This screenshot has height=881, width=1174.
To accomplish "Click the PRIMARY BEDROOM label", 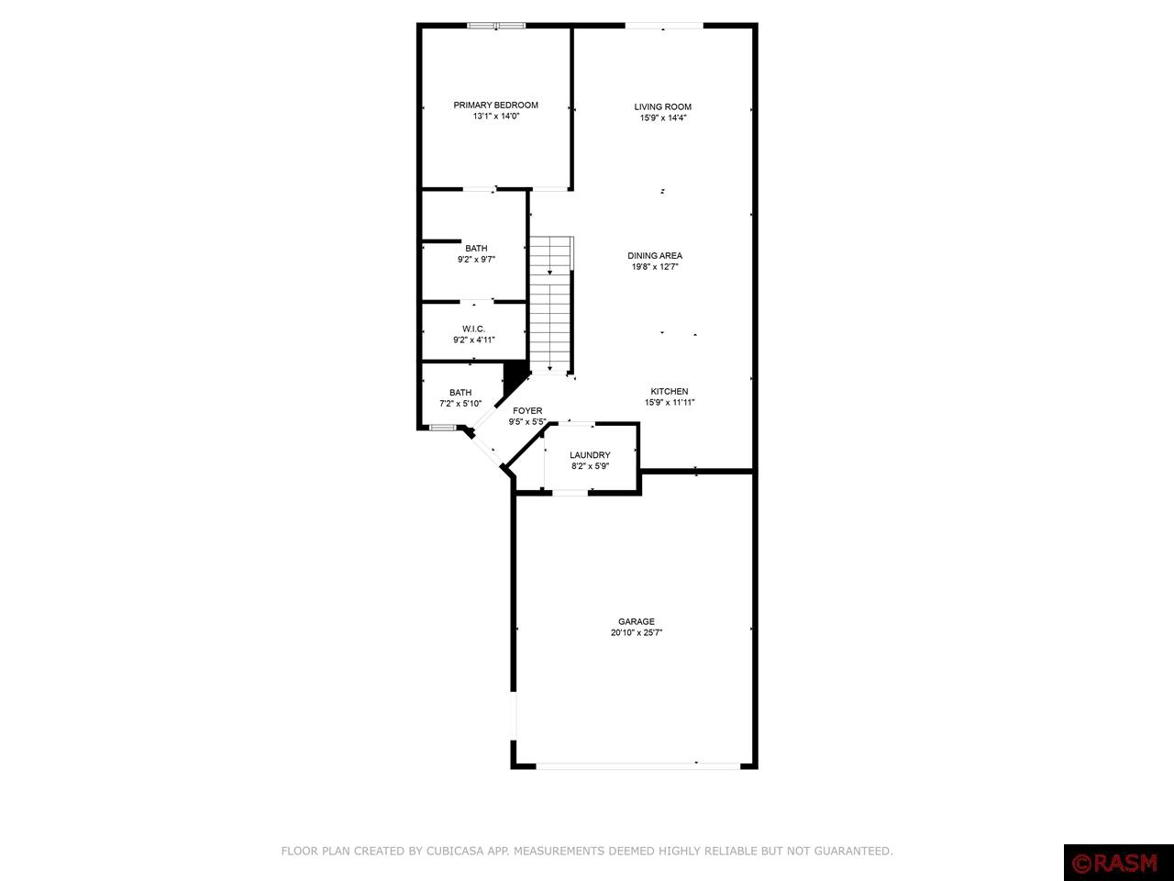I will pos(495,105).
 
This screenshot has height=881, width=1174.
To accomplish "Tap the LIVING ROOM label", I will pos(662,106).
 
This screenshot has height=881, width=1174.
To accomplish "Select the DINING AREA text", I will pos(655,256).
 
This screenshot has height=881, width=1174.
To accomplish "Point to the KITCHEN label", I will pos(670,391).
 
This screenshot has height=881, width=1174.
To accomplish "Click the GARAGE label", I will pos(636,621).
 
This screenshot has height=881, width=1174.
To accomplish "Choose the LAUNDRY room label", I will pos(590,455).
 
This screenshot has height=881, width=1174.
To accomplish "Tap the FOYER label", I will pos(527,410).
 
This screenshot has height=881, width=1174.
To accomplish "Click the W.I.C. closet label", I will pos(473,329).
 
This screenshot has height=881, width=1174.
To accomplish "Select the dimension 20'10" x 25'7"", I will pos(636,633).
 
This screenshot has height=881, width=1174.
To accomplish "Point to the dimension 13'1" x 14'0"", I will pos(495,117).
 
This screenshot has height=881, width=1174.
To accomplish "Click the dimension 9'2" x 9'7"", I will pos(476,260).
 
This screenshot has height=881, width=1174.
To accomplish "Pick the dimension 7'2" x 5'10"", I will pos(460,404).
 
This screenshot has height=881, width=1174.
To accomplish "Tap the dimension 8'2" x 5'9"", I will pos(590,466).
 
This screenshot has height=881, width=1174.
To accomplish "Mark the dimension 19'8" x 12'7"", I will pos(655,267).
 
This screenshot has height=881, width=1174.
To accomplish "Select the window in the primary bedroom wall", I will pos(496,26).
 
